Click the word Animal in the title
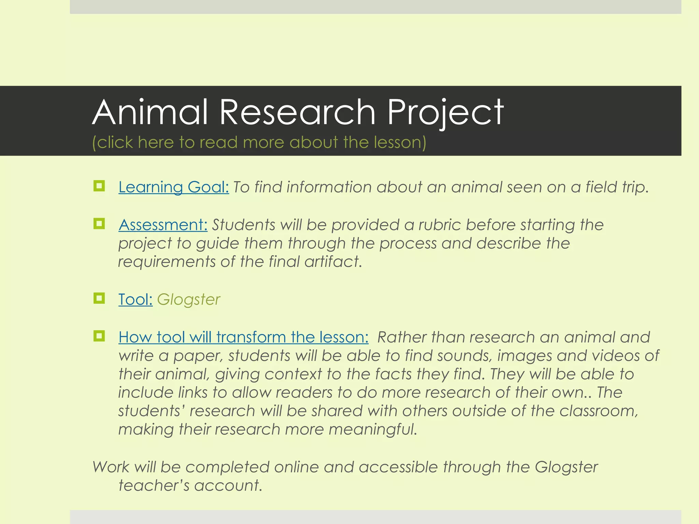click(150, 112)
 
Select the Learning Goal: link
click(174, 187)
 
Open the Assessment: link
click(163, 225)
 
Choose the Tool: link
click(135, 300)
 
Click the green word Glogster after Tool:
click(188, 300)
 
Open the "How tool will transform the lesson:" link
click(243, 337)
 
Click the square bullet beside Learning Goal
click(99, 186)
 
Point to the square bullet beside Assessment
click(99, 224)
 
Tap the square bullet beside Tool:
click(99, 299)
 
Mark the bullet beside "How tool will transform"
click(99, 336)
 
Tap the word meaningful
click(373, 430)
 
